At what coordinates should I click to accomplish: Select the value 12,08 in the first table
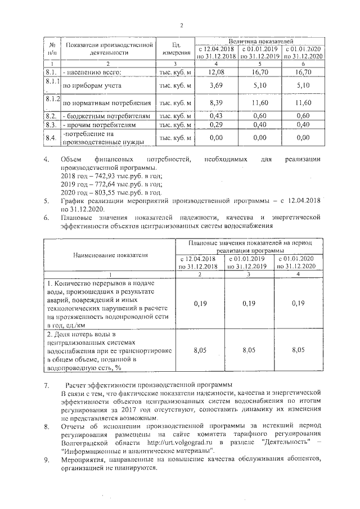point(217,72)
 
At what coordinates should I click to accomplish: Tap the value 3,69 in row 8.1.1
point(217,86)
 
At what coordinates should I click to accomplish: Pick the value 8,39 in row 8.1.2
point(217,103)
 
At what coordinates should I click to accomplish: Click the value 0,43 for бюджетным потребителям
point(217,116)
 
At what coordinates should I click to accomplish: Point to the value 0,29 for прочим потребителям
point(217,124)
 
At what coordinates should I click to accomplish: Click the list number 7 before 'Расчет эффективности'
point(47,385)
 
